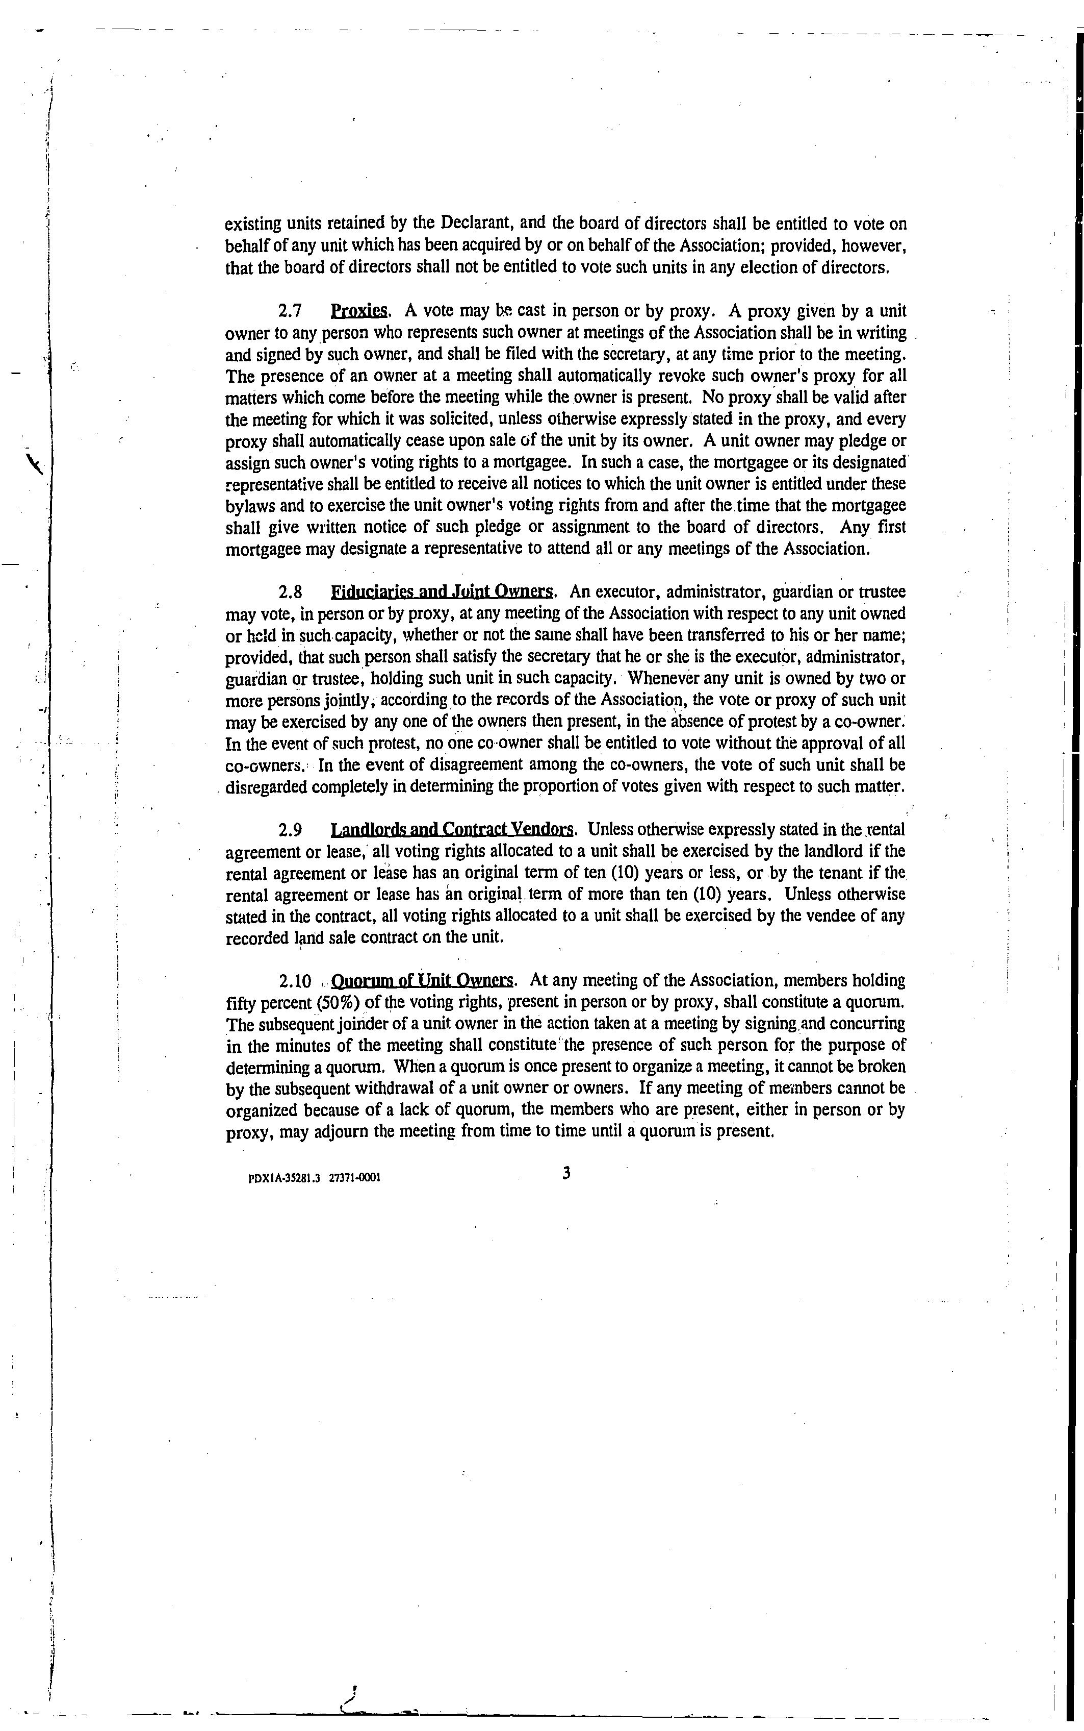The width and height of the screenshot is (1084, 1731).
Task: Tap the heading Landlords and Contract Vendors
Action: point(452,830)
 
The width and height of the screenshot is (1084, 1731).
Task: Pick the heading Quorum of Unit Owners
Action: point(423,981)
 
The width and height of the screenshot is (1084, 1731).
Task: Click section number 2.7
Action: point(290,311)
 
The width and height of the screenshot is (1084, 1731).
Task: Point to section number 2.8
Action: point(290,592)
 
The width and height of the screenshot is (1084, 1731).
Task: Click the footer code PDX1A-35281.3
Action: point(283,1178)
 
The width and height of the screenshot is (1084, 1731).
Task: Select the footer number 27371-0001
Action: point(354,1178)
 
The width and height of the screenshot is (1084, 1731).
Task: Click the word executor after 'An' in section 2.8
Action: point(621,592)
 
